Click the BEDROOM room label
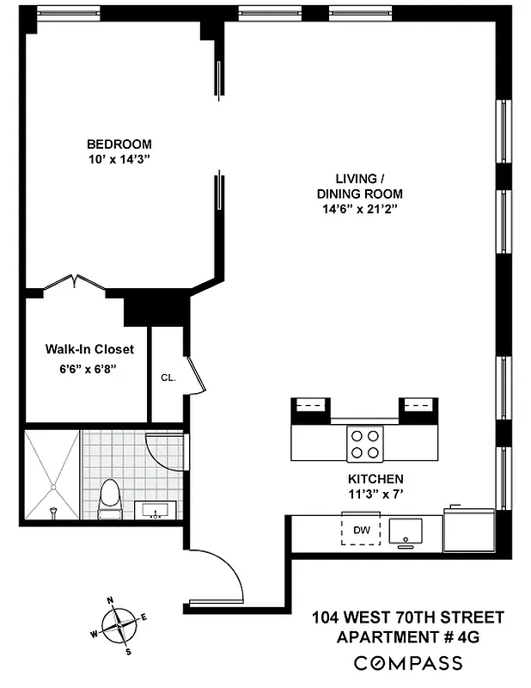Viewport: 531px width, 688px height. tap(119, 144)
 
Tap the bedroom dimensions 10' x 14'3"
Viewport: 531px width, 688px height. tap(119, 159)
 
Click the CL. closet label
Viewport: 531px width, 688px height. tap(168, 377)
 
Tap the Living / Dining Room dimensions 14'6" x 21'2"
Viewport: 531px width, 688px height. tap(358, 209)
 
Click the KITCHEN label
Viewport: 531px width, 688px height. tap(375, 478)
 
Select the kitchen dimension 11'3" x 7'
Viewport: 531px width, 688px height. tap(375, 494)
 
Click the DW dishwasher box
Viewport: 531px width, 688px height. tap(362, 531)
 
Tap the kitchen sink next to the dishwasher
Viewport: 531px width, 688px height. tap(405, 531)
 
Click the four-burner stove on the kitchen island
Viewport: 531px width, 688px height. tap(364, 443)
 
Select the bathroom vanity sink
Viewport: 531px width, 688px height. tap(156, 513)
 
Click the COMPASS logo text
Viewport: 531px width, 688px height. tap(409, 663)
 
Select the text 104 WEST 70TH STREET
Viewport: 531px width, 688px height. tap(409, 617)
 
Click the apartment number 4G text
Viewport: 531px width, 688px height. tap(409, 637)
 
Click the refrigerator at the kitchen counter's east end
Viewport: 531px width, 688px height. tap(468, 529)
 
